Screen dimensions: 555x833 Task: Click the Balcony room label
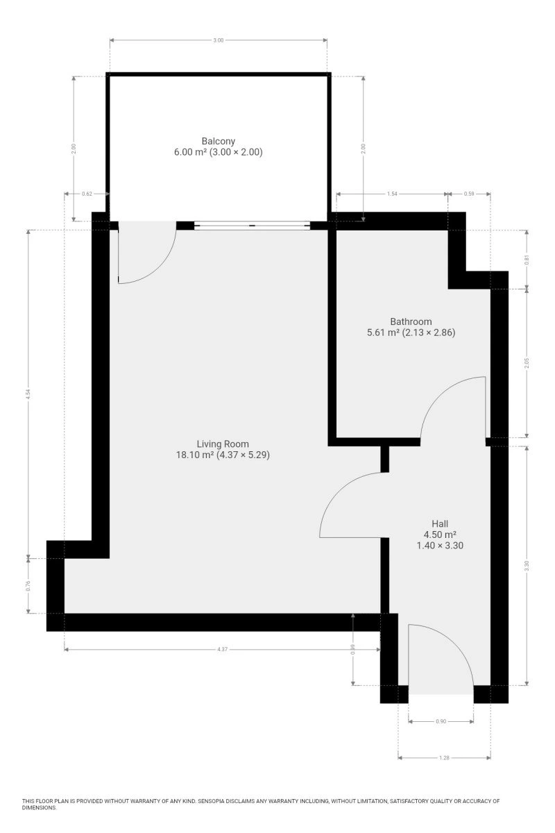click(x=219, y=142)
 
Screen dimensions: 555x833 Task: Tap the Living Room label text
click(x=223, y=444)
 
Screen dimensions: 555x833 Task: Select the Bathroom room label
click(x=411, y=321)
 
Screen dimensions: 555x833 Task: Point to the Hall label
click(x=440, y=523)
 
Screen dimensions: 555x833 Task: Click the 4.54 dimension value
click(x=28, y=394)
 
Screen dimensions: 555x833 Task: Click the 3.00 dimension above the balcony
click(x=219, y=40)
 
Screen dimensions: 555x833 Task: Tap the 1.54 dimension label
click(x=392, y=194)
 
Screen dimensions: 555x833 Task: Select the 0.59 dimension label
click(x=469, y=194)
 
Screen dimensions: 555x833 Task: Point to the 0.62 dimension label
click(x=87, y=194)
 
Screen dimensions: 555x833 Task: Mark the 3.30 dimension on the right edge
click(x=527, y=566)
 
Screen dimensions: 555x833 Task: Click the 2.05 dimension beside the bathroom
click(x=527, y=363)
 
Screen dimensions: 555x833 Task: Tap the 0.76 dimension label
click(x=28, y=586)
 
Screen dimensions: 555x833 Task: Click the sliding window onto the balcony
click(x=252, y=226)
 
